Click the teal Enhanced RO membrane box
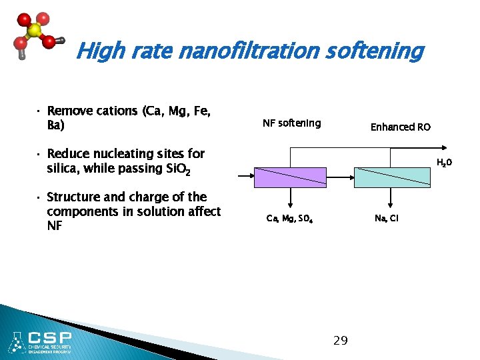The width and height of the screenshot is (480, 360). pos(391,177)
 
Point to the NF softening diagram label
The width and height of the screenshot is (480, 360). pos(291,123)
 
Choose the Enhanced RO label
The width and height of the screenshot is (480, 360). pos(401,127)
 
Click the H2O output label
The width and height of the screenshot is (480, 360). pos(445,163)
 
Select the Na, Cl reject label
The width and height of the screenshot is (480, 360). pos(387,218)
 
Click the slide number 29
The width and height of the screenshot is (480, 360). pos(340,341)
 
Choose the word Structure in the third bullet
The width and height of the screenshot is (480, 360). pos(73,197)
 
